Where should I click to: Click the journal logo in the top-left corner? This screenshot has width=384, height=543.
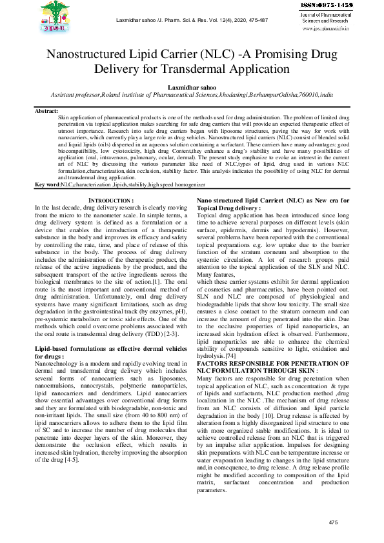coord(57,17)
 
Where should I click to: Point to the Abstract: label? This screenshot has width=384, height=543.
coord(46,112)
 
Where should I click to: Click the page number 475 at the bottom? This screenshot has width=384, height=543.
coord(333,522)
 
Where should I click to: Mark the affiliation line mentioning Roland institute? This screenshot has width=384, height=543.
coord(192,94)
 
